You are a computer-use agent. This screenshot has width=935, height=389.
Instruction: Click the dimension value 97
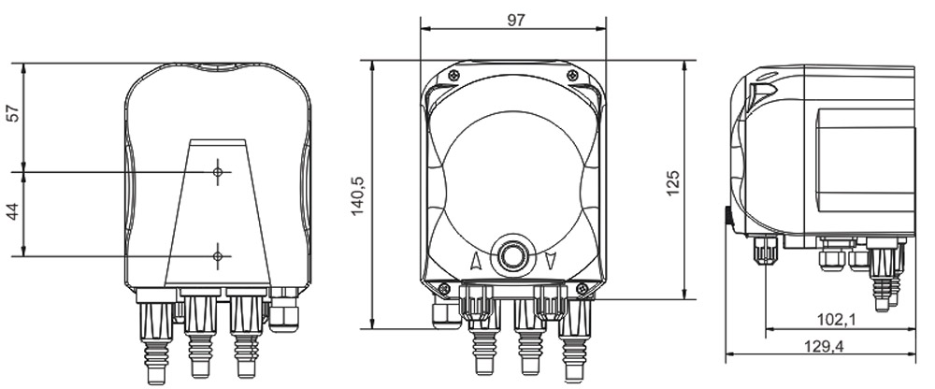coord(514,21)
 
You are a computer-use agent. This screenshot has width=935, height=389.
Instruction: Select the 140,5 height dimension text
coord(358,194)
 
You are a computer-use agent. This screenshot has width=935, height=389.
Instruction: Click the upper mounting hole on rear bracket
coord(218,172)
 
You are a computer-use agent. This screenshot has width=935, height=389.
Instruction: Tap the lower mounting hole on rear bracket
coord(218,254)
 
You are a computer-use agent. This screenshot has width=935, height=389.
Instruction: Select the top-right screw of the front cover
coord(573,76)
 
